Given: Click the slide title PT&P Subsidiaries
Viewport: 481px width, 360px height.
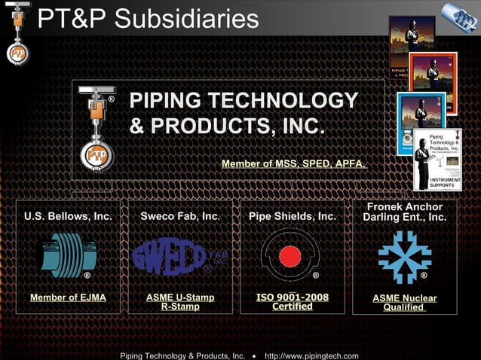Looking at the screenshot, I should tap(148, 19).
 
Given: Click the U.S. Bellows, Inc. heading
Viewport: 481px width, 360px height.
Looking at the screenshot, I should tap(68, 216).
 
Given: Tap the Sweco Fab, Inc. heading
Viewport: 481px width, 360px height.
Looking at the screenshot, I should tap(180, 216).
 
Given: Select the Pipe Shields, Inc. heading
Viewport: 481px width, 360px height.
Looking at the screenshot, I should tap(293, 216).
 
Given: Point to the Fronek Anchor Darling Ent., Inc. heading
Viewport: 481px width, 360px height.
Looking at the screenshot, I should tap(405, 212).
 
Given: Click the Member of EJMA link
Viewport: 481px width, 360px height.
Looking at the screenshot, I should tap(68, 297).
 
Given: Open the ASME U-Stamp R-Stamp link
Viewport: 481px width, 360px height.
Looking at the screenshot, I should tap(180, 302).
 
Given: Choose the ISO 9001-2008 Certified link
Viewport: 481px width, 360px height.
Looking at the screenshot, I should tap(293, 301).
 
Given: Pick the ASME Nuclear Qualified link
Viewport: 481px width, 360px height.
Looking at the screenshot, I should tap(405, 303).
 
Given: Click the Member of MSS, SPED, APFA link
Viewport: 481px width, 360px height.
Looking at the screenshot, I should tap(294, 163).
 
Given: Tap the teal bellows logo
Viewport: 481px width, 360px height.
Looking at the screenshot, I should tap(68, 255).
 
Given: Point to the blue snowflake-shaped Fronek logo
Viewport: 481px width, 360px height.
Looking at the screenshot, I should tap(405, 257).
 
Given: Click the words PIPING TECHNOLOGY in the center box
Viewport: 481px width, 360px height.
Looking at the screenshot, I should tap(244, 100).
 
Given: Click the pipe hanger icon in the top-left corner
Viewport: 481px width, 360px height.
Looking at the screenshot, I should tap(17, 34).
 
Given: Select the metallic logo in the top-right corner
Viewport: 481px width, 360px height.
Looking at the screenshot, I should tap(459, 17).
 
